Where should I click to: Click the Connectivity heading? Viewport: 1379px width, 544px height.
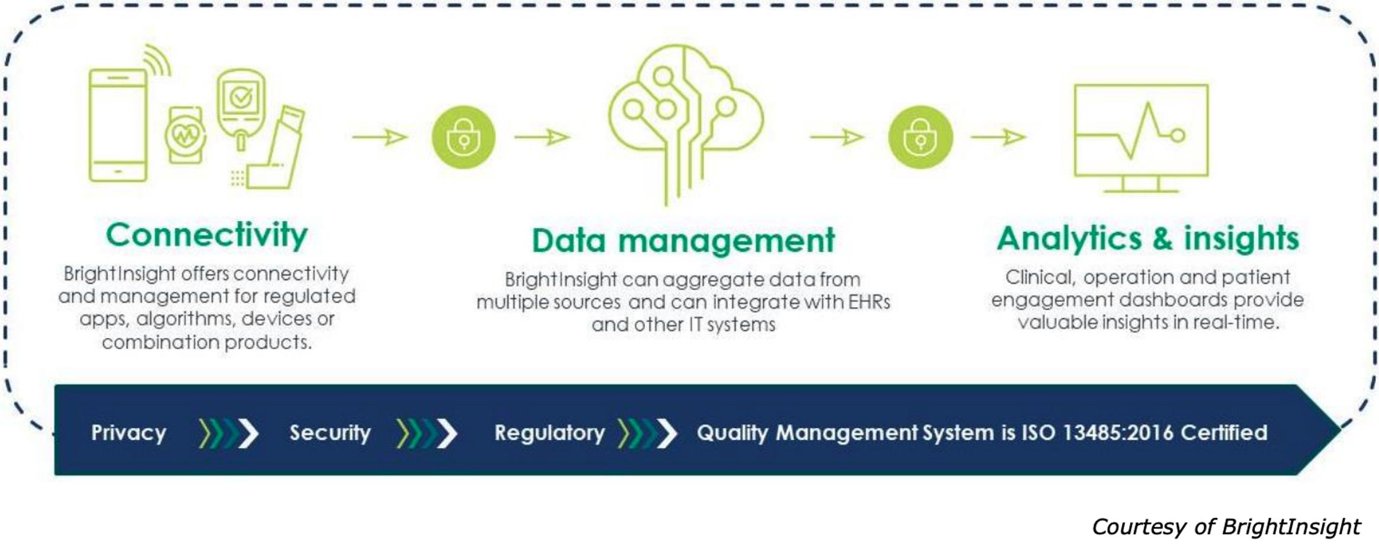pos(207,235)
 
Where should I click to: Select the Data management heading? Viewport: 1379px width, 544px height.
pos(683,241)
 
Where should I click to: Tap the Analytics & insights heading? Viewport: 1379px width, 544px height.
pos(1148,238)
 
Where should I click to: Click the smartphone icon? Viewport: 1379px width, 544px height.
pos(118,125)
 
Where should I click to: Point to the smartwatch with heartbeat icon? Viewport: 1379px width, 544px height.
pos(186,135)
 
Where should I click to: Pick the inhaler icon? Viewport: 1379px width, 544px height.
pos(276,147)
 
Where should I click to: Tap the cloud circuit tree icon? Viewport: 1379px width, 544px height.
pos(686,124)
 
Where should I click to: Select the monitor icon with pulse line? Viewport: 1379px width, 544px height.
pos(1141,138)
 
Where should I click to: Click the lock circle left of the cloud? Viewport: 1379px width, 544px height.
pos(463,137)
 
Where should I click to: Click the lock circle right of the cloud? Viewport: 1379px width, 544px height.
pos(921,137)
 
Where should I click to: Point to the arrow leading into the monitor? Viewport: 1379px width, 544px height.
pos(999,137)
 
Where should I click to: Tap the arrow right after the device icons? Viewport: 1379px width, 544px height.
pos(380,137)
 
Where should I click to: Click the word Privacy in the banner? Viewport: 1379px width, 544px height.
pos(129,433)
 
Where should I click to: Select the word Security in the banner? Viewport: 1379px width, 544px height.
pos(330,433)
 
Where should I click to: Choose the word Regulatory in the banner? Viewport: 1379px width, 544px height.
pos(550,433)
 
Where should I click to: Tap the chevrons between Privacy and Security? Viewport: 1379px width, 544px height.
pos(229,433)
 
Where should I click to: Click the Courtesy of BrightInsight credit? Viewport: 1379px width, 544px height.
pos(1226,526)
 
